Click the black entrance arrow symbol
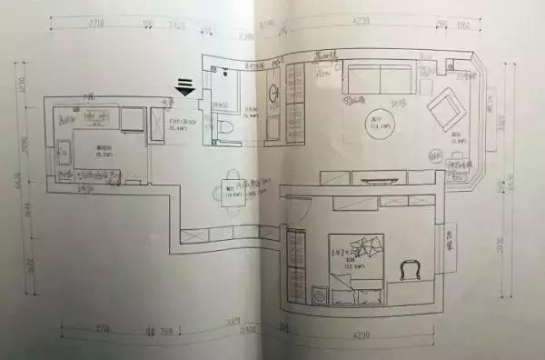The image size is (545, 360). click(185, 86)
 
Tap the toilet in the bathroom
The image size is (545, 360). click(229, 134)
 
